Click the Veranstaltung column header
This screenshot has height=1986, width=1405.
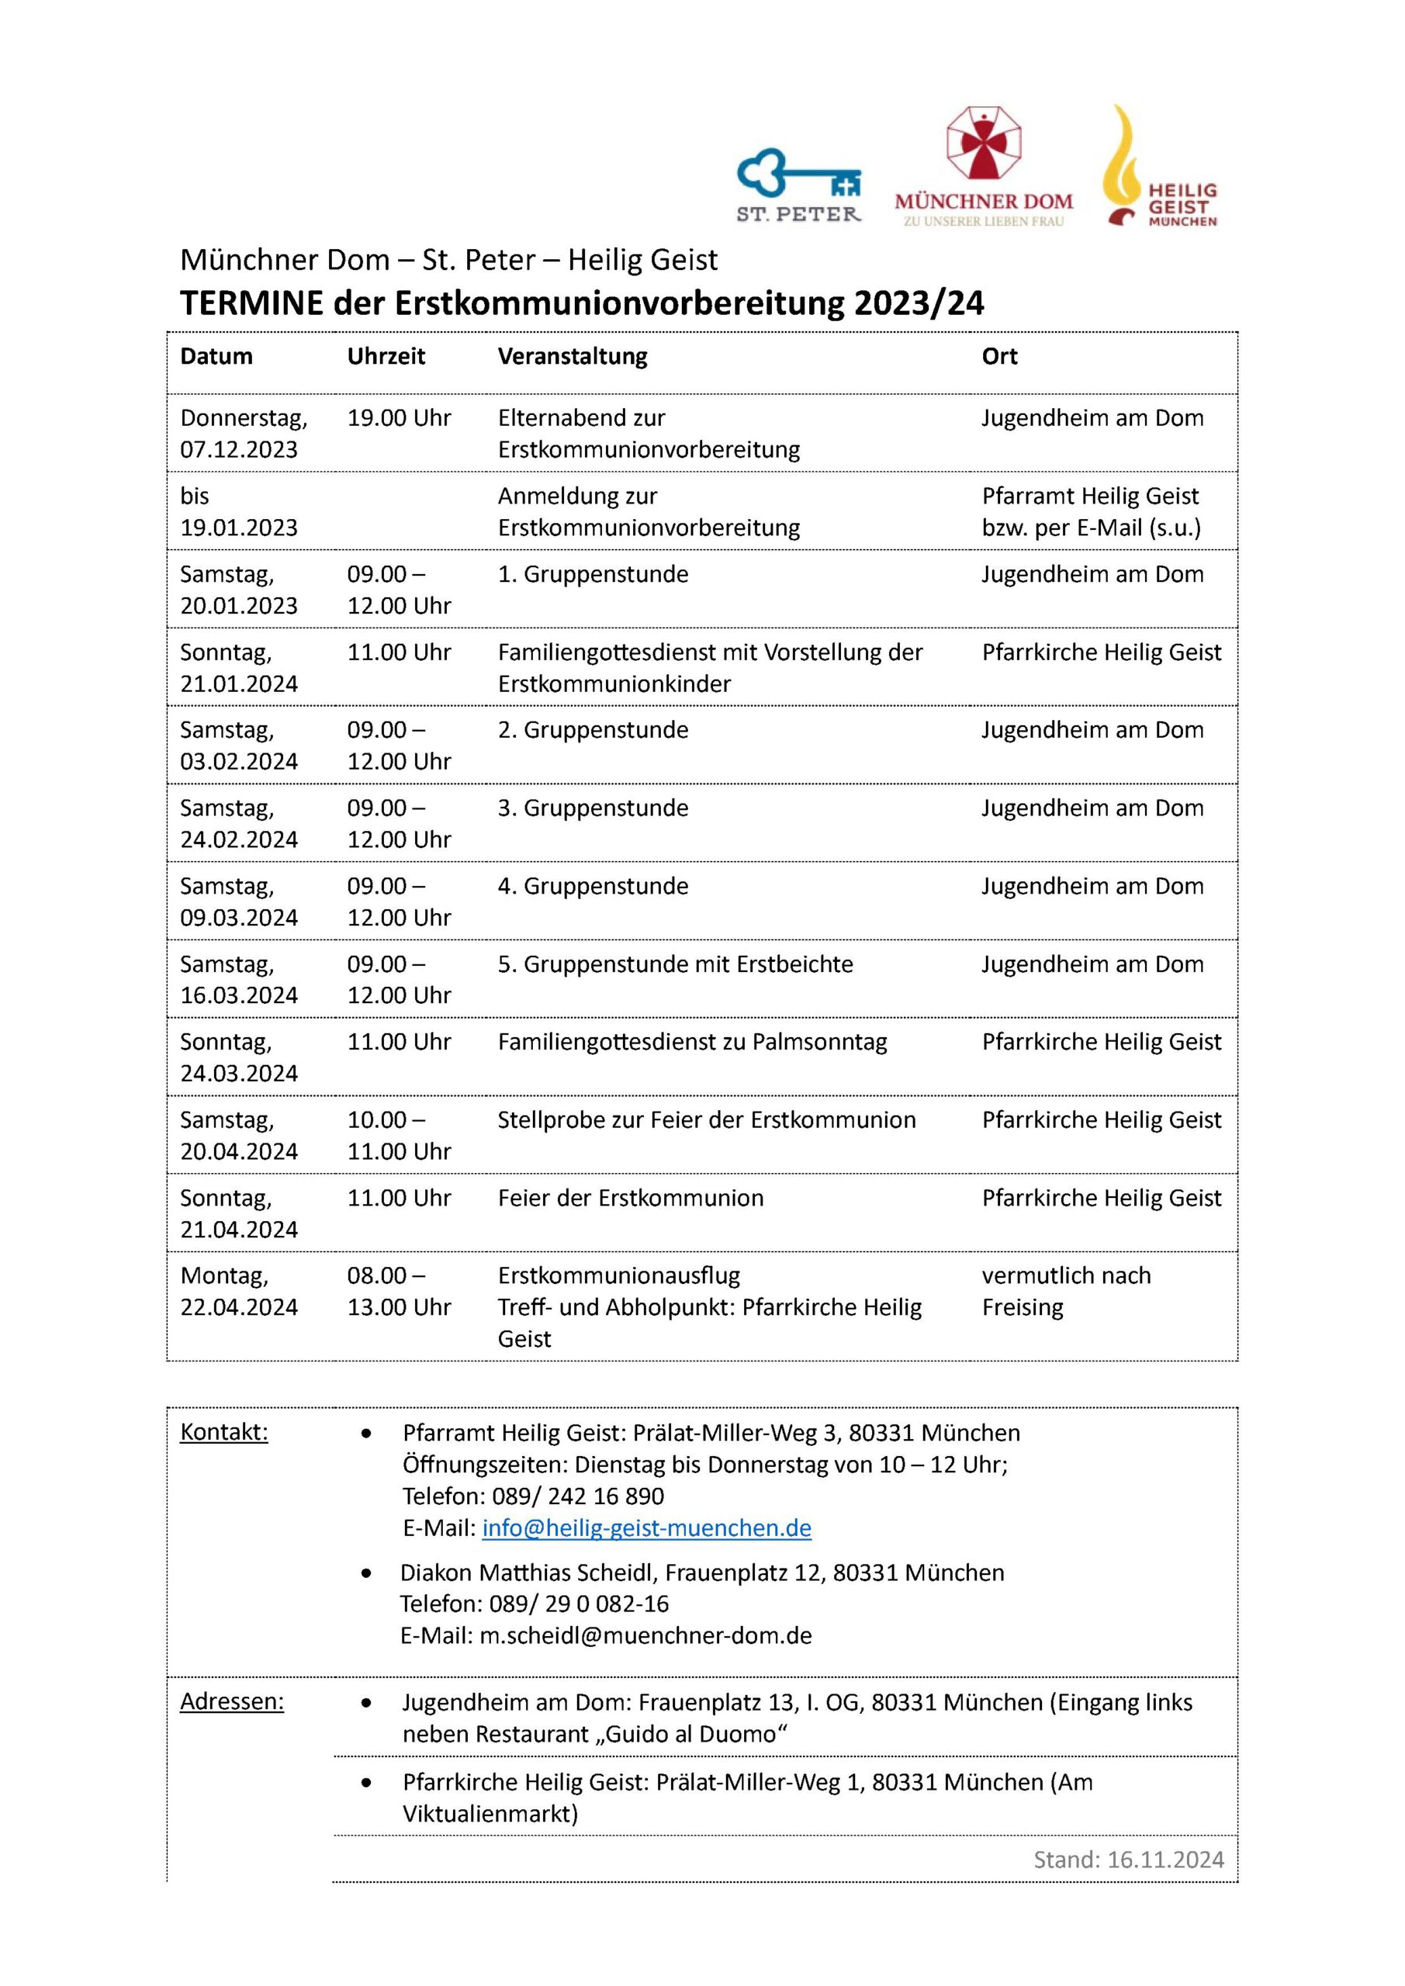(572, 356)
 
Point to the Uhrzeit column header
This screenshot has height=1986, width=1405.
(386, 356)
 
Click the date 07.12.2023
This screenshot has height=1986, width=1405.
(238, 450)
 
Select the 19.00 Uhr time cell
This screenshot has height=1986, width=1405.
(399, 419)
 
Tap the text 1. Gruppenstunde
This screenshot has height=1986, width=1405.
(593, 574)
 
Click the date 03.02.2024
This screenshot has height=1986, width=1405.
(238, 761)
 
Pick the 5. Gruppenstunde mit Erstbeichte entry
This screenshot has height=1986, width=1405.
(675, 964)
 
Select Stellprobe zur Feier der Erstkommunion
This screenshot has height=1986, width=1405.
(706, 1119)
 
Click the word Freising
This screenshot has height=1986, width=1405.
(1022, 1307)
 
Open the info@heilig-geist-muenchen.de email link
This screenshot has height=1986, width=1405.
(646, 1528)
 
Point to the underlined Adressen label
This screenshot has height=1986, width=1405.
(231, 1701)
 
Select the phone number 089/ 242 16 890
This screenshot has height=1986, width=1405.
(578, 1496)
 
